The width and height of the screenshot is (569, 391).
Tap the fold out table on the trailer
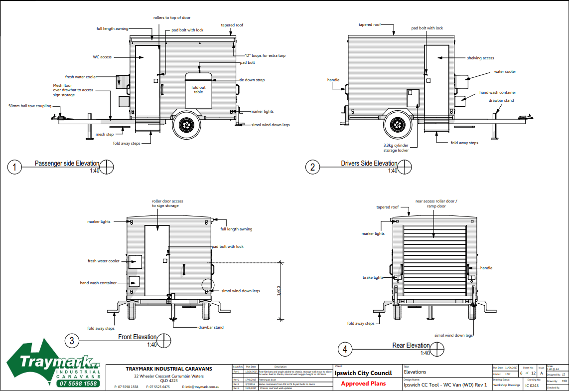tap(199, 90)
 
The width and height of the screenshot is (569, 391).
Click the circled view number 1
tap(15, 168)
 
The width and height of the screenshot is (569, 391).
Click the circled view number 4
tap(345, 349)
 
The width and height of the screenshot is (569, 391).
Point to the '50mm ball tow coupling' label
tap(30, 106)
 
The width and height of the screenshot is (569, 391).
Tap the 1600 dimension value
tap(279, 290)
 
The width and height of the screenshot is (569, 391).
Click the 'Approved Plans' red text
tap(364, 384)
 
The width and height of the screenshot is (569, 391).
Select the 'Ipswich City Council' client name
tap(363, 373)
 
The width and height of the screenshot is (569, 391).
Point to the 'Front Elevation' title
tap(137, 337)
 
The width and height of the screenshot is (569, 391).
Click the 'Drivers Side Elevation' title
tap(369, 163)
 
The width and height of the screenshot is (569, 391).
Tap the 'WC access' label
tap(102, 57)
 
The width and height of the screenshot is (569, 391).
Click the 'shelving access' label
tap(480, 58)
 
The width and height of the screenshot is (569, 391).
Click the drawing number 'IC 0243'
tap(532, 385)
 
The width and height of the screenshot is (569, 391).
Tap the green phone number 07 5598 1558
tap(78, 384)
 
